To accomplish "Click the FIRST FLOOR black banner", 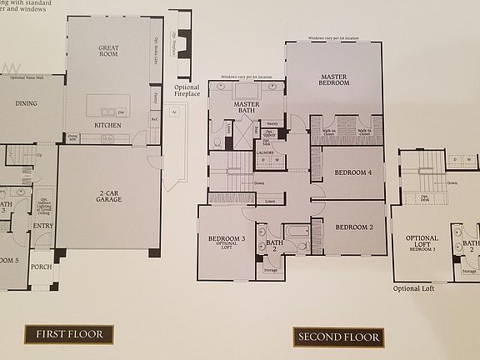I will click(69, 336).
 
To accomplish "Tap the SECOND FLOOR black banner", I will click(337, 337).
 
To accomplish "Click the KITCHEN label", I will click(108, 125).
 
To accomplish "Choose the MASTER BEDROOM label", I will click(334, 80).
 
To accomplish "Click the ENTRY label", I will click(43, 225).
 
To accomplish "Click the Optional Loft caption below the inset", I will click(416, 287).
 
